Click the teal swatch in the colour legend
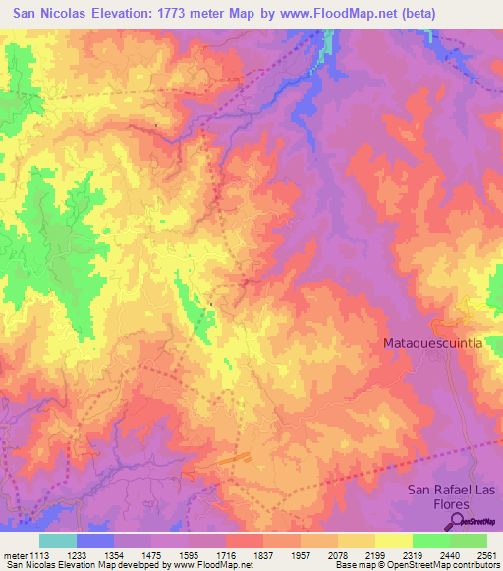[58, 541]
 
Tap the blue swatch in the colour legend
[95, 541]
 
